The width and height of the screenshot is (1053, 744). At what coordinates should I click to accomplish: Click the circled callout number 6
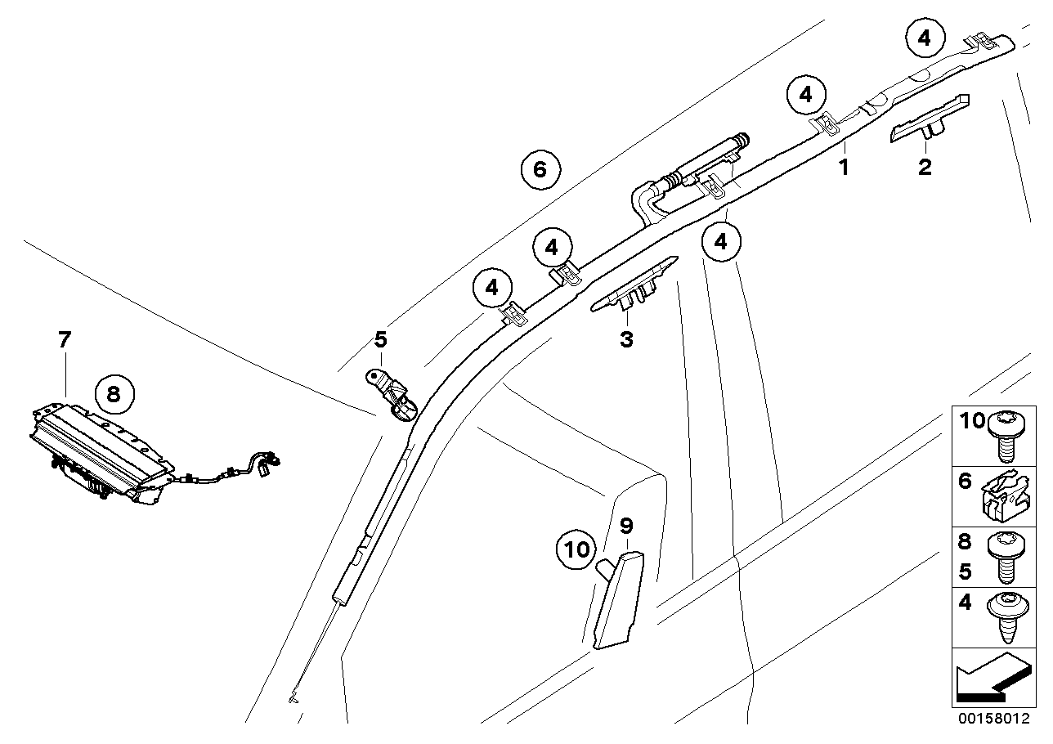[x=539, y=169]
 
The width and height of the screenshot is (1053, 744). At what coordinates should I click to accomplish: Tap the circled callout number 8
[x=113, y=394]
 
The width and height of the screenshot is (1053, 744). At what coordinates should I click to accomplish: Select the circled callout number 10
[x=577, y=549]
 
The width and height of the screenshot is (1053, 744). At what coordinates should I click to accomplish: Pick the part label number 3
[x=626, y=338]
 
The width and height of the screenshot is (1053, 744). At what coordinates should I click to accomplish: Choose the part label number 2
[x=925, y=168]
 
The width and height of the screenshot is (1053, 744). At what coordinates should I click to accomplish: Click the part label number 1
[x=844, y=168]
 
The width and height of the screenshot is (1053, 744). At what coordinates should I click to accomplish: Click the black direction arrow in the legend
[x=987, y=678]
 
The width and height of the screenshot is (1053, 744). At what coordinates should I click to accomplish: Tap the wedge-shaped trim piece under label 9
[x=617, y=600]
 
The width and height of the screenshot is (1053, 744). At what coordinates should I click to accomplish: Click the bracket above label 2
[x=930, y=118]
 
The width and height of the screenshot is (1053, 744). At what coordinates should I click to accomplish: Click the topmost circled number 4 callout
[x=924, y=37]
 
